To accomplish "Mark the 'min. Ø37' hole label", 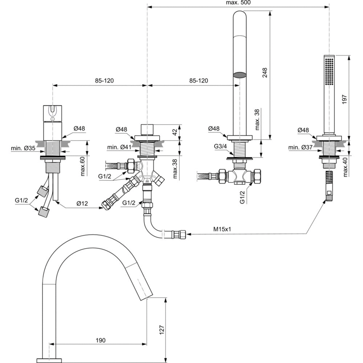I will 298,148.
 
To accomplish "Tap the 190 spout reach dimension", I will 101,340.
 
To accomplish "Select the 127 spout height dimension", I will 162,329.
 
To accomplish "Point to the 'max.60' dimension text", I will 82,167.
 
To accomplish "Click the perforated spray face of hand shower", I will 329,72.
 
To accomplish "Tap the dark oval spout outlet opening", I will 239,75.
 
